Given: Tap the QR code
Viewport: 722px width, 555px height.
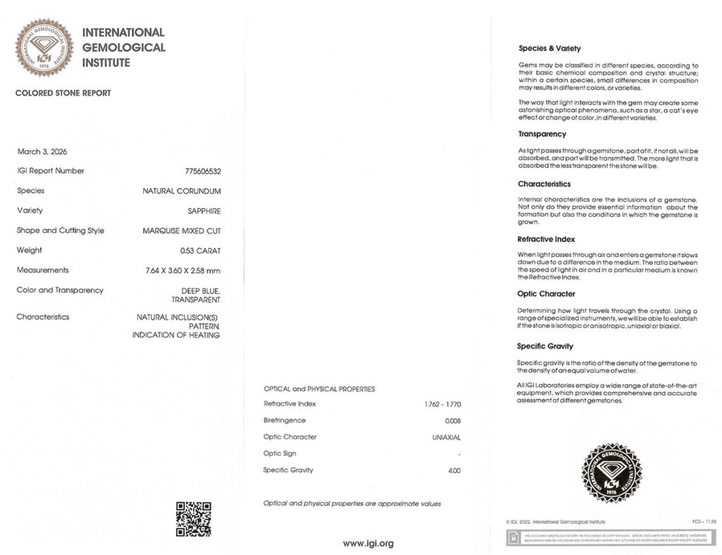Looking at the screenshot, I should coord(193,518).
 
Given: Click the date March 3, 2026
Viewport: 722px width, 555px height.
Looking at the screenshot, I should coord(42,151).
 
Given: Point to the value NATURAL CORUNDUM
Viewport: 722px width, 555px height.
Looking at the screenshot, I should coord(181,191).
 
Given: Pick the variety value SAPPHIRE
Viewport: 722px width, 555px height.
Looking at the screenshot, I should coord(204,211).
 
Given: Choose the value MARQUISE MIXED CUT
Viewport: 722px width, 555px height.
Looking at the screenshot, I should coord(181,230).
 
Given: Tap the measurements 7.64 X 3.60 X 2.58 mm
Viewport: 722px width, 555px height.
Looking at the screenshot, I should coord(183,270).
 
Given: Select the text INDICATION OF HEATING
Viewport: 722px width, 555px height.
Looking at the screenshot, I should coord(176,335).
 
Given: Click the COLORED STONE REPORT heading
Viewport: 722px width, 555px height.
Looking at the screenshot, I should coord(63,93).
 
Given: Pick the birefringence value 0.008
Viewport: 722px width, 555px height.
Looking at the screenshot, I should coord(452,420).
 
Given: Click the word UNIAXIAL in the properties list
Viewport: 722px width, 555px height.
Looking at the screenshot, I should coord(446,437).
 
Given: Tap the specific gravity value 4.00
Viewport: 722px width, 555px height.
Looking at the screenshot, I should coord(453,470).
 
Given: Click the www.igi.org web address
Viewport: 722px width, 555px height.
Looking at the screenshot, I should coord(368,543).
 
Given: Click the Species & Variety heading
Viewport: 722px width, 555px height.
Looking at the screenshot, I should coord(549,49).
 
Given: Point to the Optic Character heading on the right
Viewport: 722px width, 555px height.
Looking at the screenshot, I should coord(546,294).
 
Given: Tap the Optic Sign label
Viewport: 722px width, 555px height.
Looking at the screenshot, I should coord(279,454).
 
